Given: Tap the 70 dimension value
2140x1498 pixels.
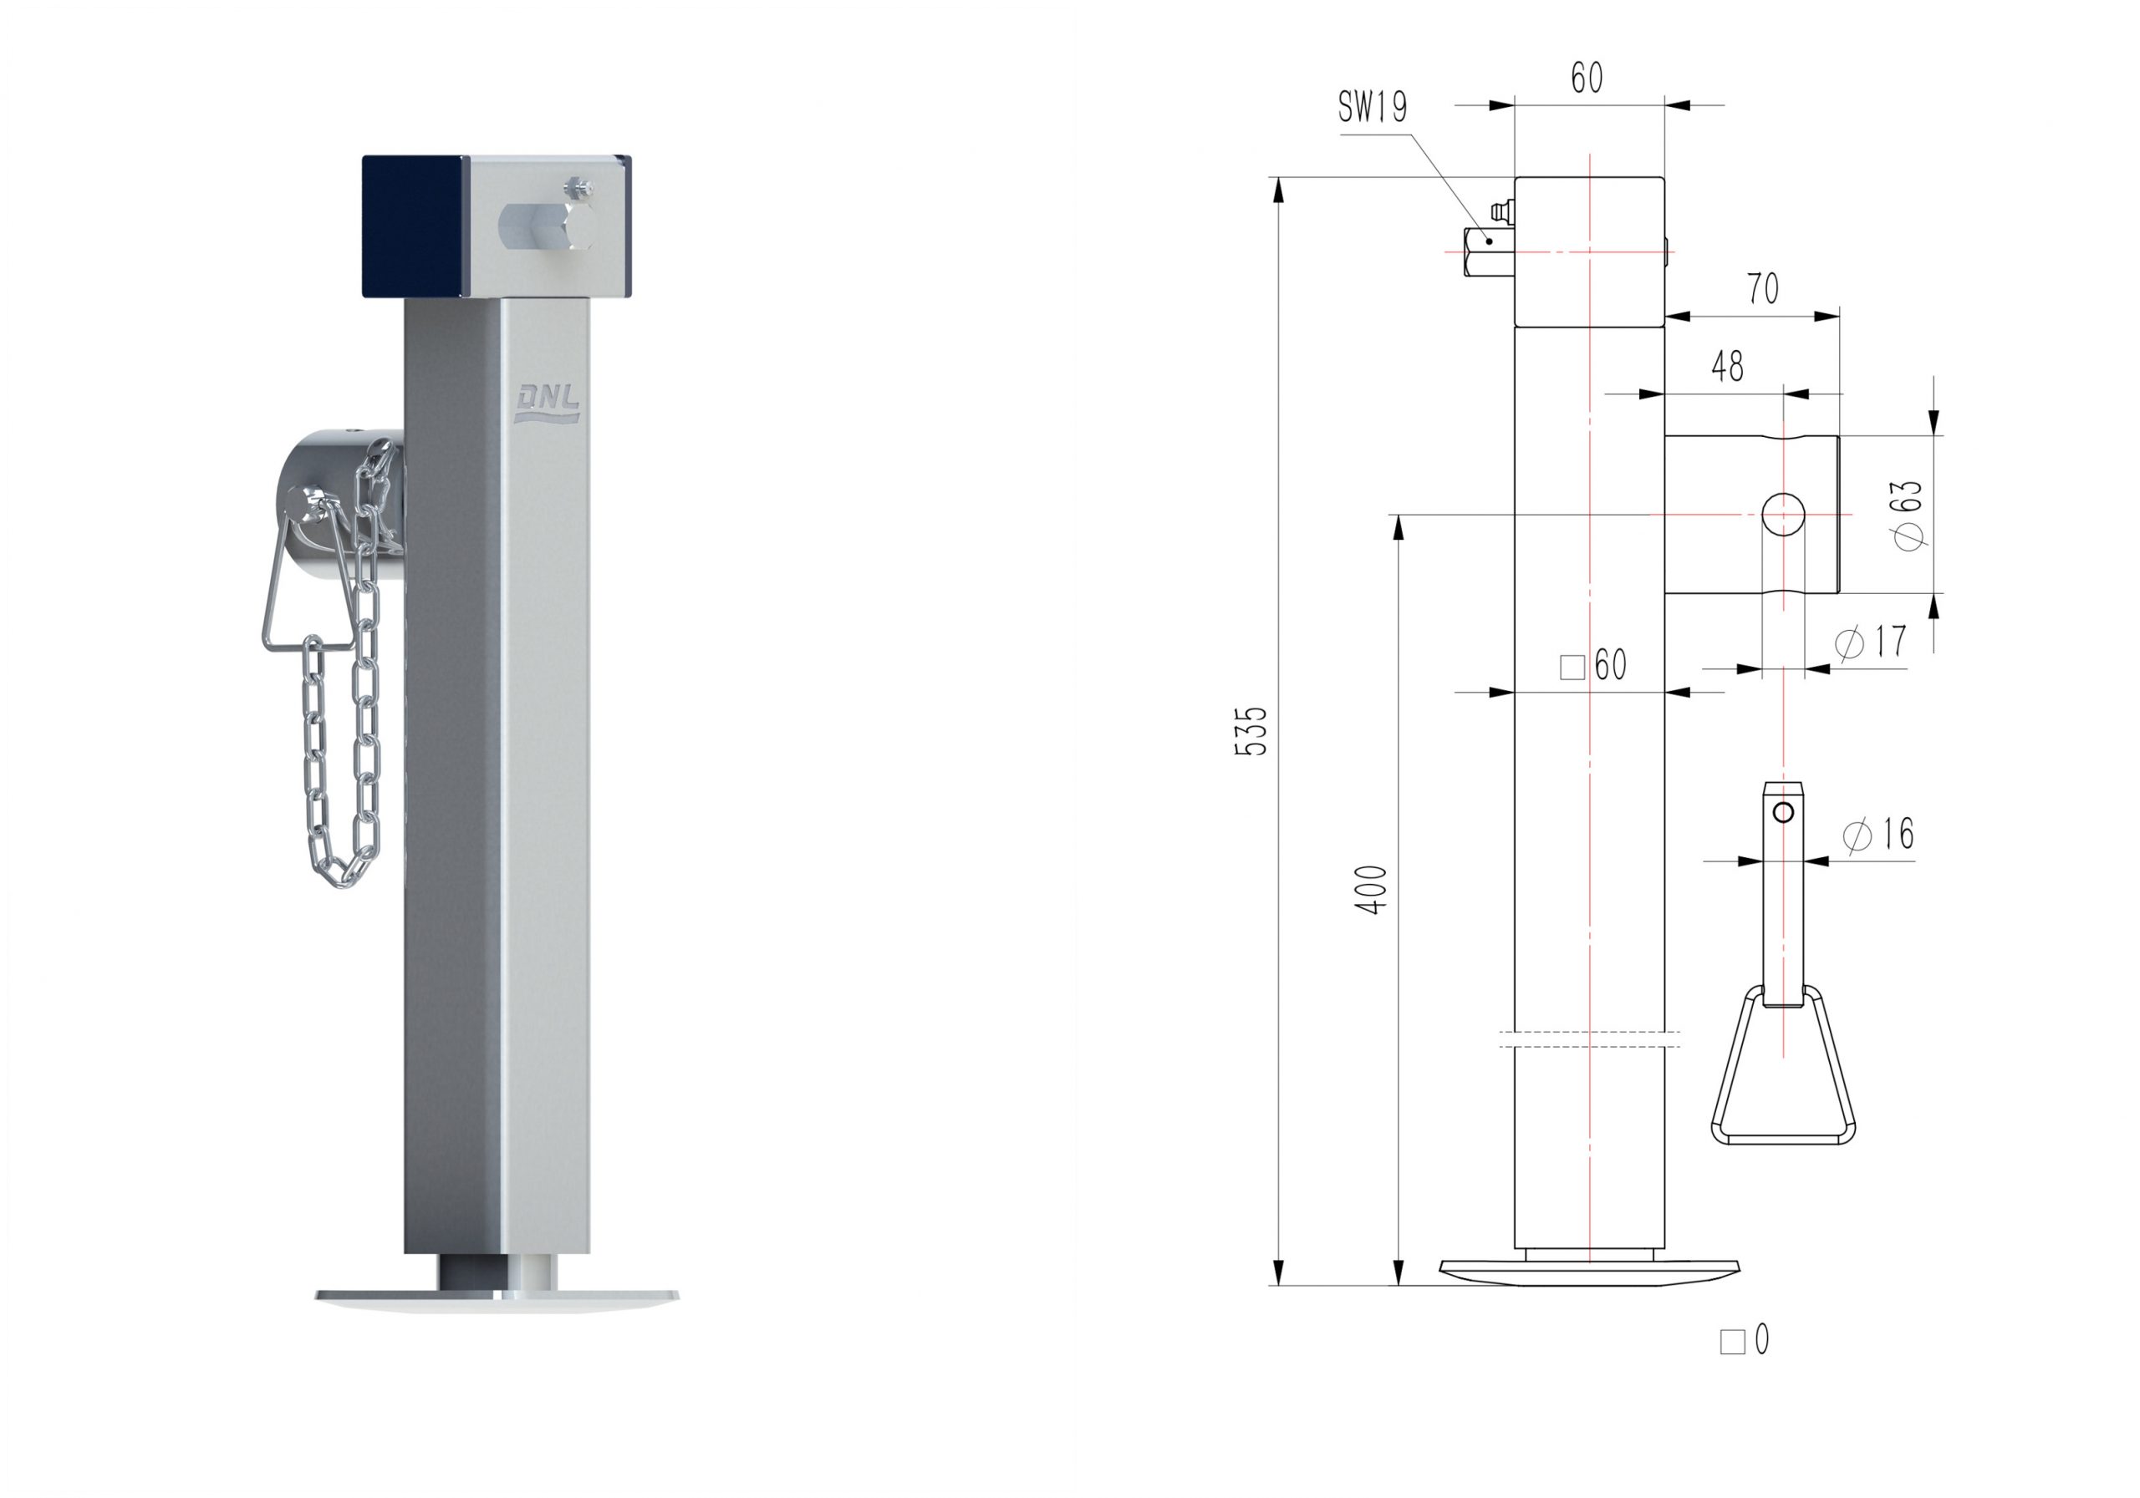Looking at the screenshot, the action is point(1762,289).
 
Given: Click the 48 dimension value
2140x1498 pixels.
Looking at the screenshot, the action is point(1727,367).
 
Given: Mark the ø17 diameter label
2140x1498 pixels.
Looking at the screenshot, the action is point(1871,642).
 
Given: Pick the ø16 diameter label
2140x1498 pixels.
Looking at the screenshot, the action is point(1878,834).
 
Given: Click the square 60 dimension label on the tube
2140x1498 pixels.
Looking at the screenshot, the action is point(1594,665).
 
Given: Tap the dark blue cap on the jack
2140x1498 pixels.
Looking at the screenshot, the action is point(412,226).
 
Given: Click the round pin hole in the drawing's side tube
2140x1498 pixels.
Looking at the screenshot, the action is point(1783,515).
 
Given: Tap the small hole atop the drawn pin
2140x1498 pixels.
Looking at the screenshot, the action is point(1783,813).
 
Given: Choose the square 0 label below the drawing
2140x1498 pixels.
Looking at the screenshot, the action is point(1744,1341).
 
